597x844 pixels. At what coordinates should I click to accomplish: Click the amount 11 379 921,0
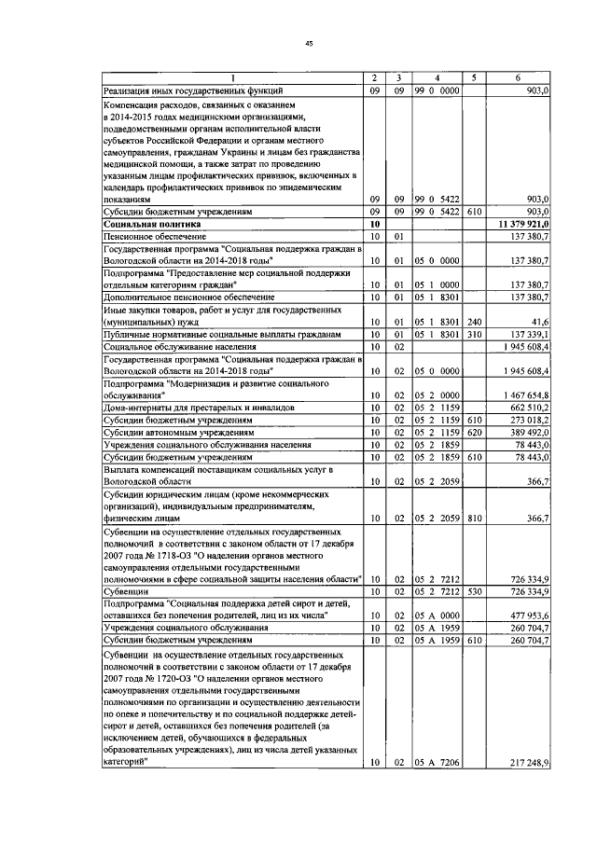(x=518, y=225)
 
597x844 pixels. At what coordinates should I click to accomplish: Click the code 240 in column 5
(x=473, y=320)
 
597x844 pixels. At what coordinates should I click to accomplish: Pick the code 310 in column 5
(x=473, y=333)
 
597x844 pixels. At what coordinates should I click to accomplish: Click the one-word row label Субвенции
(x=123, y=591)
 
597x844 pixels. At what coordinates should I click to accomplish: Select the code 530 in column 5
(x=473, y=591)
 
